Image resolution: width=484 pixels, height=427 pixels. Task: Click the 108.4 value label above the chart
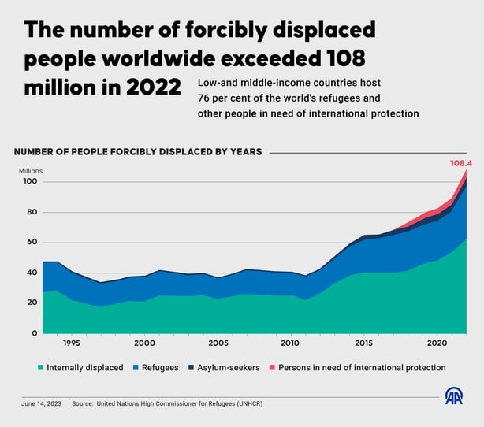462,164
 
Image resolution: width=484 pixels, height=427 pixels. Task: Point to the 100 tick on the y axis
31,182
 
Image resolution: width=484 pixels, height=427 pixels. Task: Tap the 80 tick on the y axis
32,212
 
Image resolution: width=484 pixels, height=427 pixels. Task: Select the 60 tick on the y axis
32,242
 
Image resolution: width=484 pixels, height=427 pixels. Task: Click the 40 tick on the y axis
32,273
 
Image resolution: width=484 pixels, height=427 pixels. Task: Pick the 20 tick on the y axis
32,303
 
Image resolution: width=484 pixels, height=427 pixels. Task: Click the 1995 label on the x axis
71,343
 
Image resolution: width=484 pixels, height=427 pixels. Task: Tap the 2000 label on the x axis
144,343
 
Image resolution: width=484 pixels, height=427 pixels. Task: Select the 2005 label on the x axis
218,343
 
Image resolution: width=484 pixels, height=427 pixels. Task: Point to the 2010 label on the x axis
291,343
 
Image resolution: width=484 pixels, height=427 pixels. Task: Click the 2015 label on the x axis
363,343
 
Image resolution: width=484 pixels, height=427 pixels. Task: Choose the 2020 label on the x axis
437,343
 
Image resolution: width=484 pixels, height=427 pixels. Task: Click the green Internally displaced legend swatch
39,367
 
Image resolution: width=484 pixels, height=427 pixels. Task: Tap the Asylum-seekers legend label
230,367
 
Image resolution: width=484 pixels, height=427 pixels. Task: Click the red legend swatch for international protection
273,367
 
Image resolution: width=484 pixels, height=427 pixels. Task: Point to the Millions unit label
32,170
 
